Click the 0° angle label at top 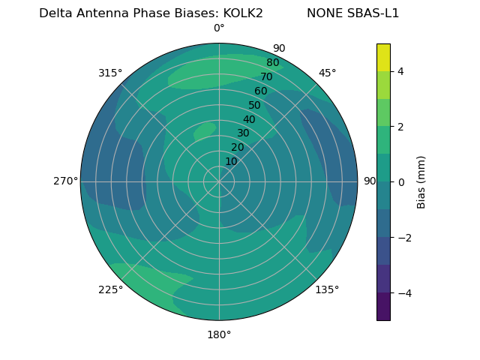pos(219,28)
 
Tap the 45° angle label pos(328,73)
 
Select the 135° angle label pos(327,289)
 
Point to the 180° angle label pos(219,334)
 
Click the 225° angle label pos(110,290)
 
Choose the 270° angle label pos(66,181)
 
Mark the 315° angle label pos(110,73)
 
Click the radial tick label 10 pos(231,161)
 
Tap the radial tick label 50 pos(254,105)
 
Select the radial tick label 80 pos(272,63)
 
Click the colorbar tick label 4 pos(400,71)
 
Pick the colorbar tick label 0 pos(400,181)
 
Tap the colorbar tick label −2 pos(403,237)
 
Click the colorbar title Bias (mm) pos(421,181)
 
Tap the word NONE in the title pos(323,13)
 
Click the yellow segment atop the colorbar pos(383,57)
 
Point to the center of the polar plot pos(219,181)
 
